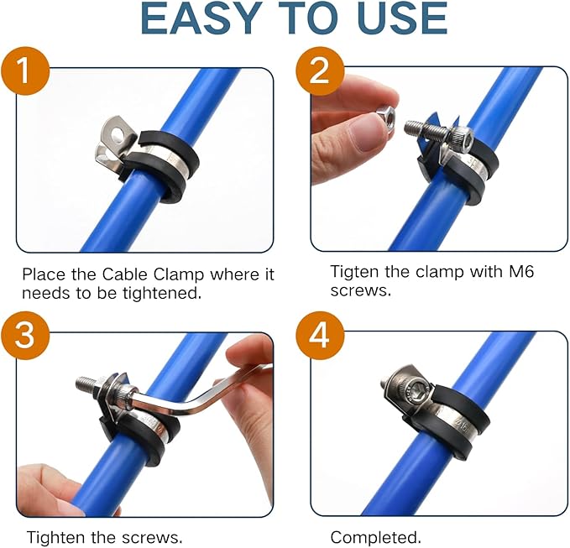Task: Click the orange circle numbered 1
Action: pyautogui.click(x=24, y=71)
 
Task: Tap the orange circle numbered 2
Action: pyautogui.click(x=320, y=71)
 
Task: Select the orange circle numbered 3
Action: pyautogui.click(x=24, y=336)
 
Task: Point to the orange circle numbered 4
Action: pyautogui.click(x=320, y=336)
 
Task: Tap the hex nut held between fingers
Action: pyautogui.click(x=387, y=115)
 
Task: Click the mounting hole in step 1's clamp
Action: pyautogui.click(x=117, y=133)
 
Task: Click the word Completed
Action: pyautogui.click(x=375, y=537)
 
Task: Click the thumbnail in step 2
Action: pyautogui.click(x=364, y=136)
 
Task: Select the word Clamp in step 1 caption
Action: pyautogui.click(x=179, y=275)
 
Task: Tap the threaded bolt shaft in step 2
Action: pyautogui.click(x=427, y=129)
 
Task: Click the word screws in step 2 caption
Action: pyautogui.click(x=361, y=291)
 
